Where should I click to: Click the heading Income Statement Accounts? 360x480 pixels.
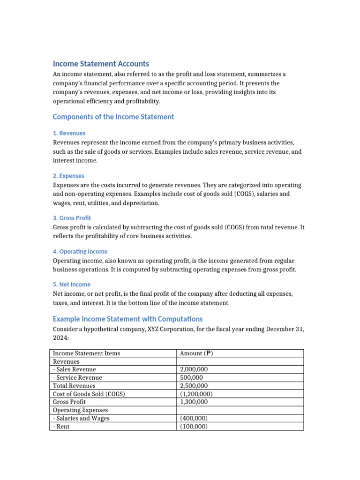pyautogui.click(x=101, y=64)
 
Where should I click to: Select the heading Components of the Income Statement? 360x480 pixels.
pyautogui.click(x=113, y=117)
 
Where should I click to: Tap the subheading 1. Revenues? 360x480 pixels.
pyautogui.click(x=69, y=133)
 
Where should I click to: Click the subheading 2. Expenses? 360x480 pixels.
pyautogui.click(x=68, y=176)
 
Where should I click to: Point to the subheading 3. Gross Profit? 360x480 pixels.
pyautogui.click(x=72, y=218)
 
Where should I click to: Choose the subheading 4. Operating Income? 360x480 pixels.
pyautogui.click(x=80, y=251)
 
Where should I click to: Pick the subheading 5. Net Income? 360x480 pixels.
pyautogui.click(x=72, y=285)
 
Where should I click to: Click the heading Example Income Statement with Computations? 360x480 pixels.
pyautogui.click(x=127, y=319)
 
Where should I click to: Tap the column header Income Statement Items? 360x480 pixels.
pyautogui.click(x=87, y=353)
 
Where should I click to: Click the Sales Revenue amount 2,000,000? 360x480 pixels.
pyautogui.click(x=194, y=370)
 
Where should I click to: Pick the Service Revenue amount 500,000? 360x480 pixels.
pyautogui.click(x=191, y=378)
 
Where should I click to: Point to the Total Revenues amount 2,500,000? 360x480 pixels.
pyautogui.click(x=194, y=386)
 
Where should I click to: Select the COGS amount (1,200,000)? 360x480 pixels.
pyautogui.click(x=196, y=394)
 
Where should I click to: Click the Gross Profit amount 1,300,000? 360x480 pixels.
pyautogui.click(x=194, y=402)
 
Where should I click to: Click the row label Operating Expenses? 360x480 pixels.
pyautogui.click(x=81, y=410)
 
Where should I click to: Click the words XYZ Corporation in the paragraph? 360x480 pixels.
pyautogui.click(x=167, y=329)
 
